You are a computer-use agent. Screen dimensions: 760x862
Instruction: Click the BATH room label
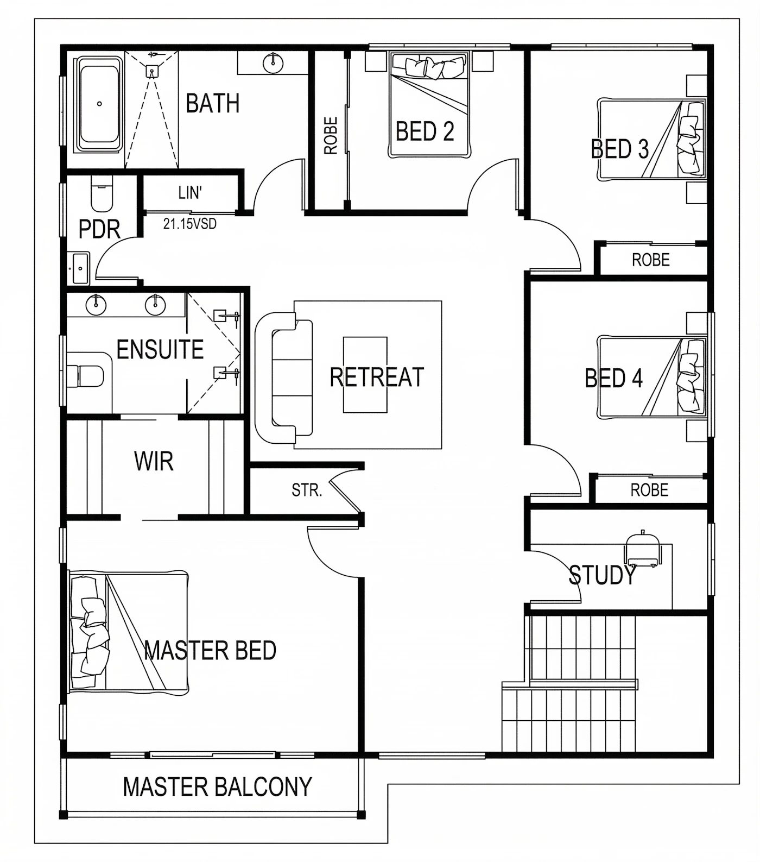[x=212, y=103]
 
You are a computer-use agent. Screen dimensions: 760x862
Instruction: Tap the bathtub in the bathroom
[x=99, y=104]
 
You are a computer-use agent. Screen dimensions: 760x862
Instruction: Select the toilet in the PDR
[x=101, y=193]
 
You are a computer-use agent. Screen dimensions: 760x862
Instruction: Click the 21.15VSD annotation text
[x=190, y=223]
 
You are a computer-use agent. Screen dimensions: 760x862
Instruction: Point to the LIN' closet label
[x=190, y=193]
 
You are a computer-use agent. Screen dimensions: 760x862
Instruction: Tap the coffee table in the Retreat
[x=365, y=375]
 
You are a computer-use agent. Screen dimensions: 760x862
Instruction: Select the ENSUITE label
[x=160, y=349]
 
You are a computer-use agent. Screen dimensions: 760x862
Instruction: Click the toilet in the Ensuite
[x=86, y=376]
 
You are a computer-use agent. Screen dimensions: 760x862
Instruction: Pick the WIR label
[x=154, y=462]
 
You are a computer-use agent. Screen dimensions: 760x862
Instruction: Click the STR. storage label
[x=307, y=490]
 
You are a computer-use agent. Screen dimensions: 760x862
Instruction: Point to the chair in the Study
[x=643, y=549]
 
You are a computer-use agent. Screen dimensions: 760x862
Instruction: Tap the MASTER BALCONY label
[x=217, y=787]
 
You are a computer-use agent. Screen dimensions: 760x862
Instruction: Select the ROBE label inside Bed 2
[x=331, y=136]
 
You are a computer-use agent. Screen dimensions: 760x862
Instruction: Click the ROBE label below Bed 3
[x=650, y=260]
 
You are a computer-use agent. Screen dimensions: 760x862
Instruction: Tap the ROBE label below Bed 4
[x=649, y=490]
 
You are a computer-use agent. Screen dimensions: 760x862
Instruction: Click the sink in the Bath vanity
[x=273, y=62]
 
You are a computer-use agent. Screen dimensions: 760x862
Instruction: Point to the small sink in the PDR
[x=80, y=268]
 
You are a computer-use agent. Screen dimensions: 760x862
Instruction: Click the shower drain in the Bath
[x=152, y=71]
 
